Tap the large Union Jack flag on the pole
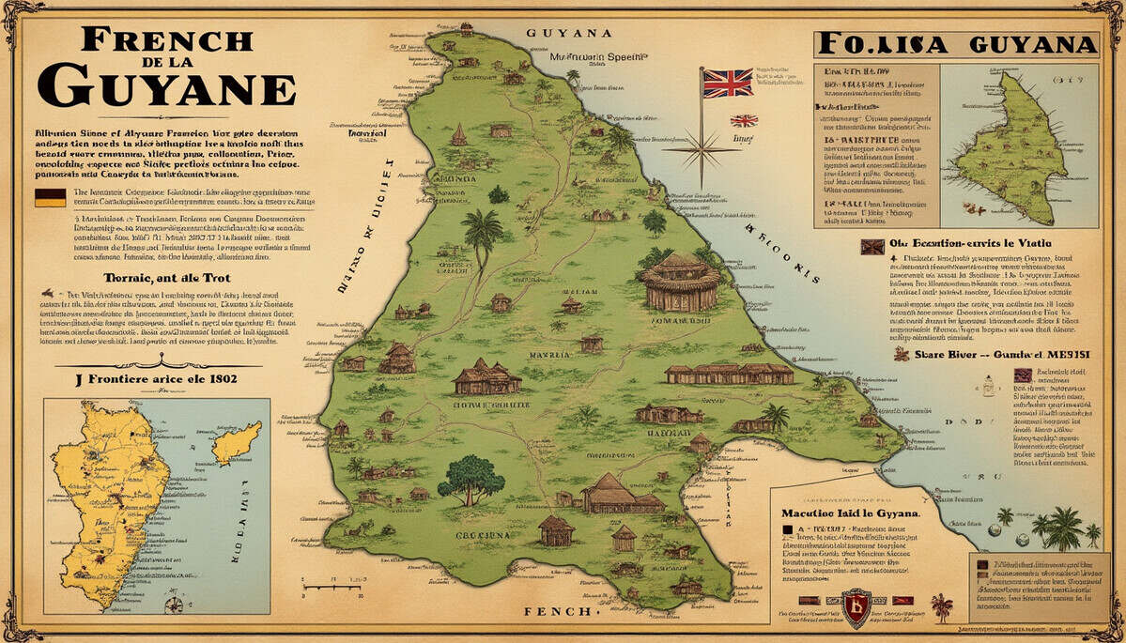(x=728, y=83)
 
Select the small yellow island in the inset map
(x=236, y=441)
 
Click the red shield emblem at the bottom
(x=856, y=607)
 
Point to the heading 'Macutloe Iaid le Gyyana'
(x=851, y=514)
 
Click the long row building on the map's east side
(x=730, y=373)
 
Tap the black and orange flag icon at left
(x=50, y=197)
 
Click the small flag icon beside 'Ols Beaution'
(x=872, y=246)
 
